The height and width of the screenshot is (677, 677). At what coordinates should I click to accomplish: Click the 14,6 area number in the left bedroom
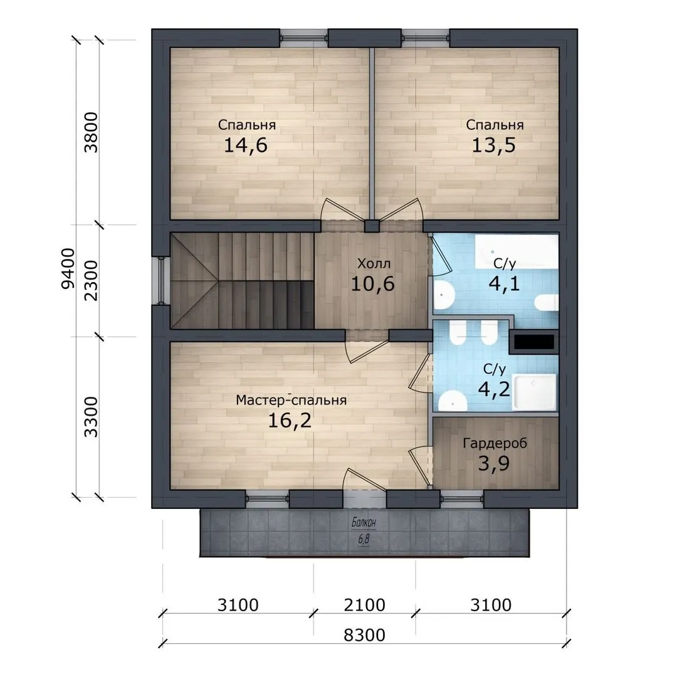coord(246,145)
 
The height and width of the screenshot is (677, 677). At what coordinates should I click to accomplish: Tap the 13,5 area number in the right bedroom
coord(493,145)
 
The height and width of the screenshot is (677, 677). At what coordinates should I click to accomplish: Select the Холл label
coord(374,263)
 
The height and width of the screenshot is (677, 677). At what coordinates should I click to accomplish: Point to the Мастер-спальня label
coord(291,400)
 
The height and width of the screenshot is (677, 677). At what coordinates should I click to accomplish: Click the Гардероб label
coord(495,443)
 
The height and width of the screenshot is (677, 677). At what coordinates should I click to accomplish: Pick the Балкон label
coord(364,522)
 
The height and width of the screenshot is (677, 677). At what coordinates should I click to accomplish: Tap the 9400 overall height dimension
coord(68,268)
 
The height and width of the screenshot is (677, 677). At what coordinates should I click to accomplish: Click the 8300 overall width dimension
coord(364,635)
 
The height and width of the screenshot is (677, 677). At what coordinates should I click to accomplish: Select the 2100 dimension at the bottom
coord(364,605)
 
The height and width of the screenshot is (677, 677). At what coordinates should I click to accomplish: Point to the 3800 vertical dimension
coord(91,132)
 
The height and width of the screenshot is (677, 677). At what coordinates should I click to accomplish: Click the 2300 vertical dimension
coord(91,281)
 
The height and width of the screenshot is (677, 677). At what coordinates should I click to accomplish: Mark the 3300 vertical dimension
coord(91,417)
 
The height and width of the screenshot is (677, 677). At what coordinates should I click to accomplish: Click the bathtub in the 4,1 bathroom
coord(517,252)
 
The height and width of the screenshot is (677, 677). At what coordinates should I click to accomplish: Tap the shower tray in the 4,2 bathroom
coord(535,392)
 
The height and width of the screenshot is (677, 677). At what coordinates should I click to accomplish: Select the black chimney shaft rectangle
coord(534,342)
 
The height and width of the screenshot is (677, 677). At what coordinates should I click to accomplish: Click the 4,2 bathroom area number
coord(494,389)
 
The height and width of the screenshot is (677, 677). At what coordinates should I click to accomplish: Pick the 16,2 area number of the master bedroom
coord(290,421)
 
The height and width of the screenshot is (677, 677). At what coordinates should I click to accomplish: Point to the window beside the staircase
coord(162,281)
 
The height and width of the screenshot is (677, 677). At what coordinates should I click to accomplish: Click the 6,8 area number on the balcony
coord(364,539)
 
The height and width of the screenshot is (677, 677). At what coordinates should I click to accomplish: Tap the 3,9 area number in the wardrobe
coord(494,464)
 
